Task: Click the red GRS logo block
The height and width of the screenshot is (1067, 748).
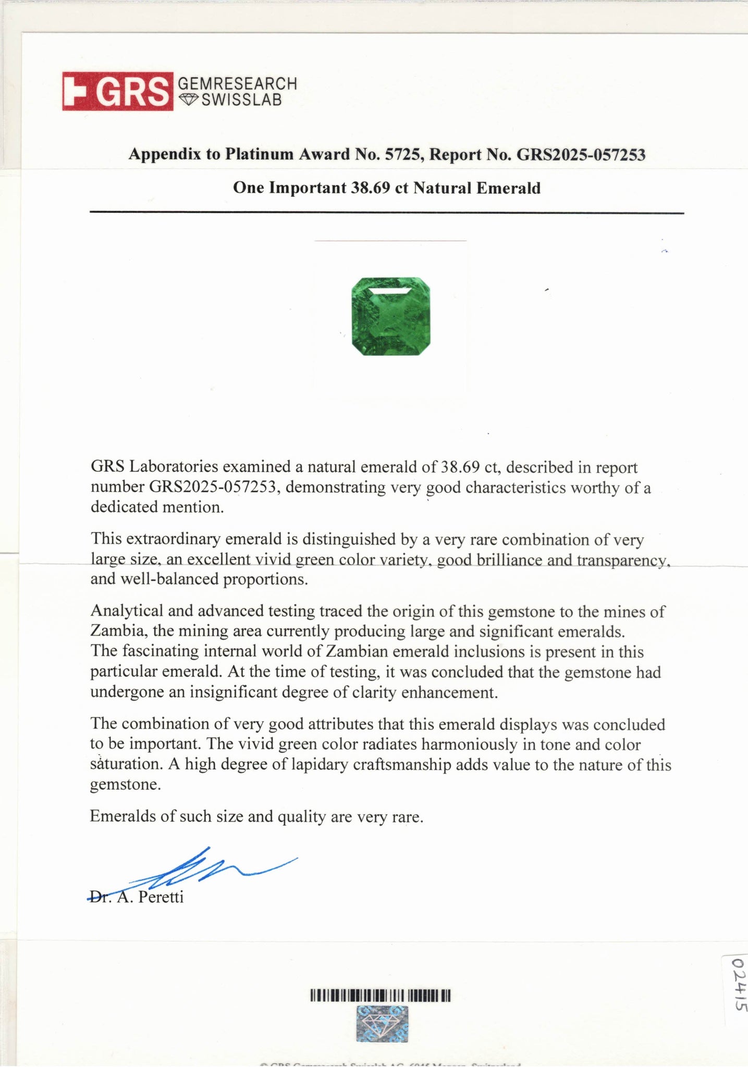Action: [118, 91]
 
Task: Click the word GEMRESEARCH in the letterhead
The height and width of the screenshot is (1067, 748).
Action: [238, 83]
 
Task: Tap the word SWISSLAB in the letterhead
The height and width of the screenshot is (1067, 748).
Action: [241, 100]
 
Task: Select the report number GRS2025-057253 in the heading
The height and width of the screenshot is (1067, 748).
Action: [581, 155]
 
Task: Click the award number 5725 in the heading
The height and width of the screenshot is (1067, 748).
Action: [401, 155]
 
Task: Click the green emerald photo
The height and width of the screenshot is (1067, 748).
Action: [391, 316]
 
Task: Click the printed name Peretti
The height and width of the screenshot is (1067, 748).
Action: [161, 897]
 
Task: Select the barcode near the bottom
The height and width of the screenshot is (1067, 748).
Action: [380, 996]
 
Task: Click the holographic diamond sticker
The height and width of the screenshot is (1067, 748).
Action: [382, 1024]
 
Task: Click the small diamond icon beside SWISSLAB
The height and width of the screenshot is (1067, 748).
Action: [188, 100]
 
